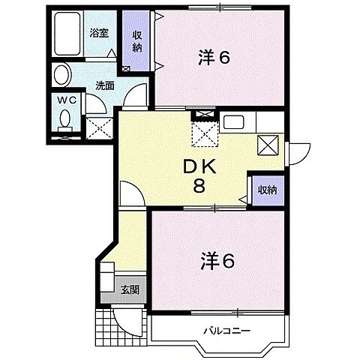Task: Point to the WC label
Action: point(65,100)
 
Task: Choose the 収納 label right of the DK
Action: point(266,190)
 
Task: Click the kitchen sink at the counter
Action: point(232,121)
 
